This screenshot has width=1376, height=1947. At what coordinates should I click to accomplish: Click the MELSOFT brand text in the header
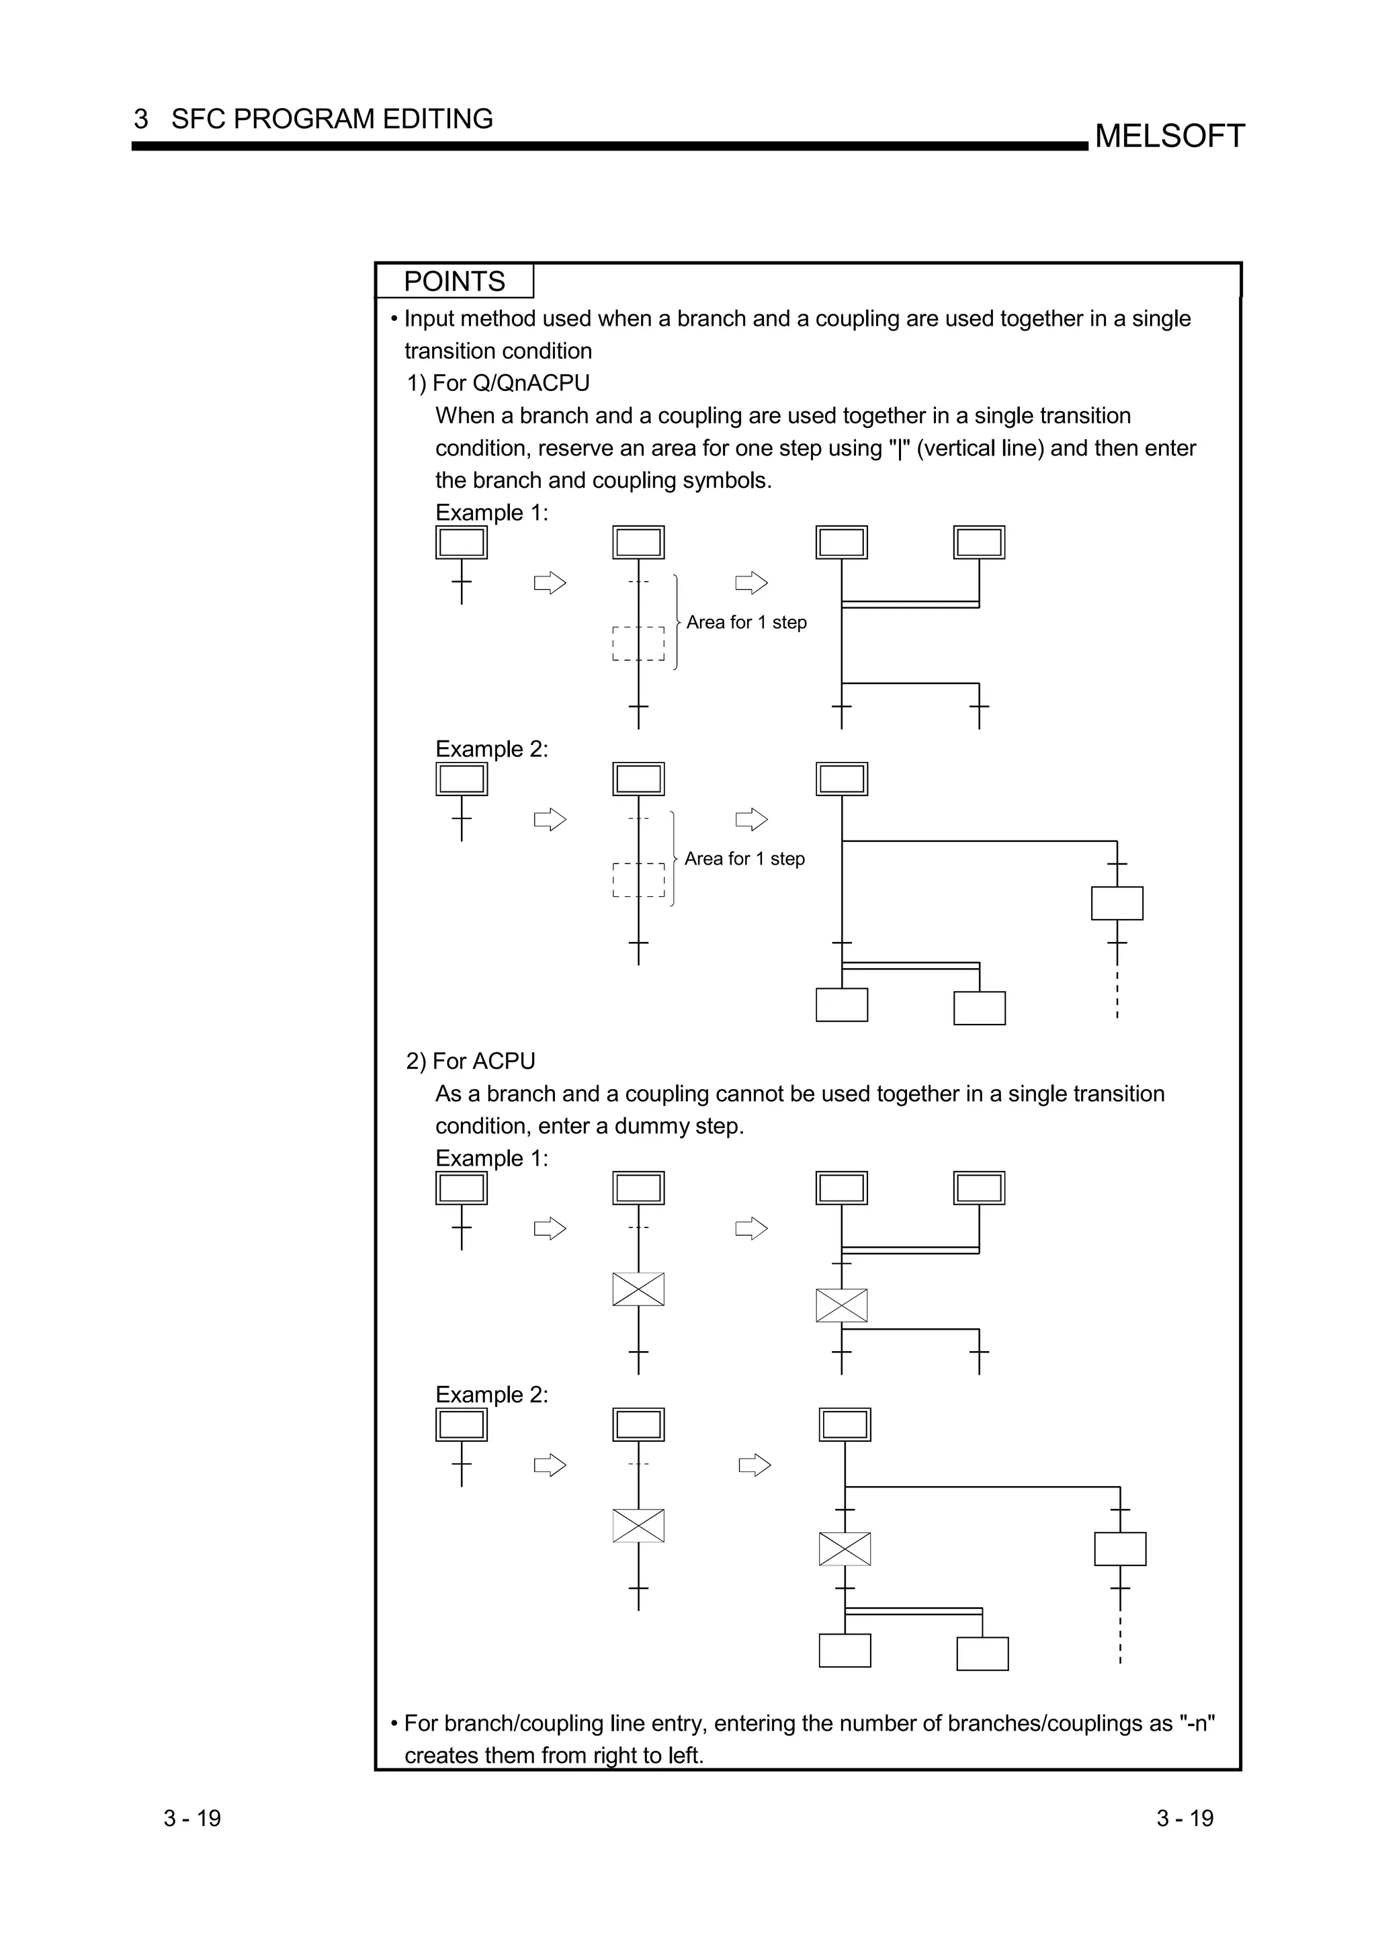tap(1169, 136)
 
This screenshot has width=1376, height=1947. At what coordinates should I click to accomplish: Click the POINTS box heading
tap(454, 282)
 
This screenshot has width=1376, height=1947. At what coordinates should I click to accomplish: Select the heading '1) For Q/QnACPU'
tap(498, 384)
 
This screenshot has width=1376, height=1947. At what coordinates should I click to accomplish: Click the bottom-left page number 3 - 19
tap(192, 1818)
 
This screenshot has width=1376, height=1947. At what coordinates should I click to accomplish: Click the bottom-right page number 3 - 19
tap(1185, 1818)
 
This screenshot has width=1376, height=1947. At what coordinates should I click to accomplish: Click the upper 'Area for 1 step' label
tap(746, 622)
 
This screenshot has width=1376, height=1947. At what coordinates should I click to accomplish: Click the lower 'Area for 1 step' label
tap(744, 859)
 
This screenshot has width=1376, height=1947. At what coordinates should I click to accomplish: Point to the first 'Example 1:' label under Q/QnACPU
tap(492, 513)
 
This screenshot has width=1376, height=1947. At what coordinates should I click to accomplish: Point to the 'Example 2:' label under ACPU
tap(492, 1395)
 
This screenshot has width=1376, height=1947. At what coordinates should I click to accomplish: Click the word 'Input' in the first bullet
tap(428, 319)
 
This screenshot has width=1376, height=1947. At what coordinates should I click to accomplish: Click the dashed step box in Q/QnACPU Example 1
tap(638, 644)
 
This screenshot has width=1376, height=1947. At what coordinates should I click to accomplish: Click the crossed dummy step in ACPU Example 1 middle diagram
tap(638, 1289)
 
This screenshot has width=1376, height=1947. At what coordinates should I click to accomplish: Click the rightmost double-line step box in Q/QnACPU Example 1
tap(979, 542)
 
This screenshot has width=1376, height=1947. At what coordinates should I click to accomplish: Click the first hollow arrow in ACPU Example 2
tap(550, 1465)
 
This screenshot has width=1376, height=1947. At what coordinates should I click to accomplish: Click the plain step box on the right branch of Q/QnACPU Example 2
tap(1117, 903)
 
